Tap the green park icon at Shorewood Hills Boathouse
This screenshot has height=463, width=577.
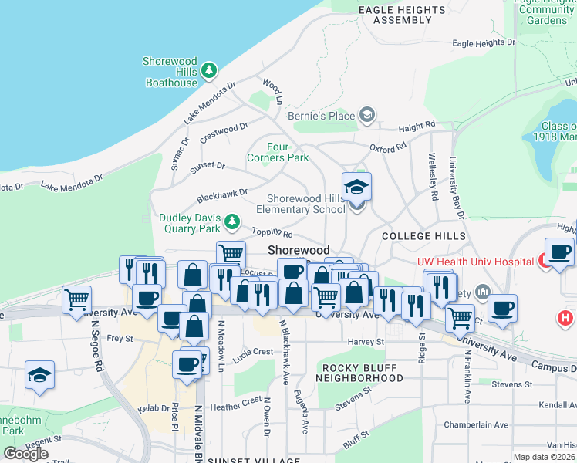pyautogui.click(x=209, y=71)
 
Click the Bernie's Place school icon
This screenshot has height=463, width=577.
pyautogui.click(x=366, y=117)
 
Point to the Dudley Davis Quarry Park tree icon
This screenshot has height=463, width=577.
pyautogui.click(x=232, y=224)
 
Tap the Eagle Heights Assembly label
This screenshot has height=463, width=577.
pyautogui.click(x=403, y=15)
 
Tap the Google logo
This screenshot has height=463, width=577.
pyautogui.click(x=25, y=453)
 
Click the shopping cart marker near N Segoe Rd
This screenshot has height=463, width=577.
pyautogui.click(x=76, y=299)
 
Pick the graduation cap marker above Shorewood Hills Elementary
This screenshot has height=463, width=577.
pyautogui.click(x=356, y=186)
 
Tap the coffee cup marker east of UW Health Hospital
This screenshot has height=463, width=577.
pyautogui.click(x=559, y=252)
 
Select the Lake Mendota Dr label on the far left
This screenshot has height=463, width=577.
pyautogui.click(x=71, y=182)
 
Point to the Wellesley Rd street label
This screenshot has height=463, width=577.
pyautogui.click(x=434, y=181)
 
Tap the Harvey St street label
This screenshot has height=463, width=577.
pyautogui.click(x=366, y=341)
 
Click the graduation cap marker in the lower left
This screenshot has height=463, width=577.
pyautogui.click(x=39, y=375)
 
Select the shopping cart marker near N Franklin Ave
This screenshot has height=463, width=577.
pyautogui.click(x=461, y=316)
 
